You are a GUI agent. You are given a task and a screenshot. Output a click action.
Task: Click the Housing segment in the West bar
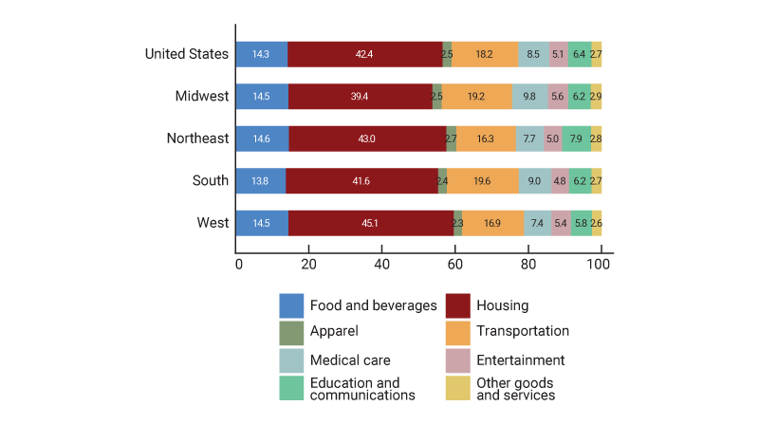click(x=371, y=223)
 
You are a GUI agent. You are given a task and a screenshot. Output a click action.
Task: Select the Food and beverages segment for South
click(x=261, y=180)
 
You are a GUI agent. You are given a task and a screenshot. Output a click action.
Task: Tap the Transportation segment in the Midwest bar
click(x=476, y=97)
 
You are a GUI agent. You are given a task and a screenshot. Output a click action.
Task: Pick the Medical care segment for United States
click(x=533, y=54)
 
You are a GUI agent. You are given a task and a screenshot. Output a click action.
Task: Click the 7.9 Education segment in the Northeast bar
click(x=576, y=138)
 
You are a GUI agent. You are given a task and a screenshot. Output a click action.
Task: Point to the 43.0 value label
click(x=366, y=138)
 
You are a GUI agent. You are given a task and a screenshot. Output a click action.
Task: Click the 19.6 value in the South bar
click(x=482, y=180)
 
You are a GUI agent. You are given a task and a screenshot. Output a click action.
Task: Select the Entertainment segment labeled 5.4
click(x=561, y=223)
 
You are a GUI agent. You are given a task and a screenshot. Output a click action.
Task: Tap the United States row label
click(x=187, y=54)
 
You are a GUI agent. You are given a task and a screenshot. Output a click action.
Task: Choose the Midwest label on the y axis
click(x=202, y=97)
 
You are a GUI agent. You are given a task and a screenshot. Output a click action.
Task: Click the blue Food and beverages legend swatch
click(x=291, y=305)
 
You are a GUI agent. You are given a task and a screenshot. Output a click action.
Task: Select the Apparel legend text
click(x=335, y=332)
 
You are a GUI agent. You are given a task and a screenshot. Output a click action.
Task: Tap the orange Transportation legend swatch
click(x=458, y=332)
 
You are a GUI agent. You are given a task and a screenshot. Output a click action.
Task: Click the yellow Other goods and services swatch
click(x=458, y=388)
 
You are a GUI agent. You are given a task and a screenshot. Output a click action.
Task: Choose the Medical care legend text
click(x=350, y=360)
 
